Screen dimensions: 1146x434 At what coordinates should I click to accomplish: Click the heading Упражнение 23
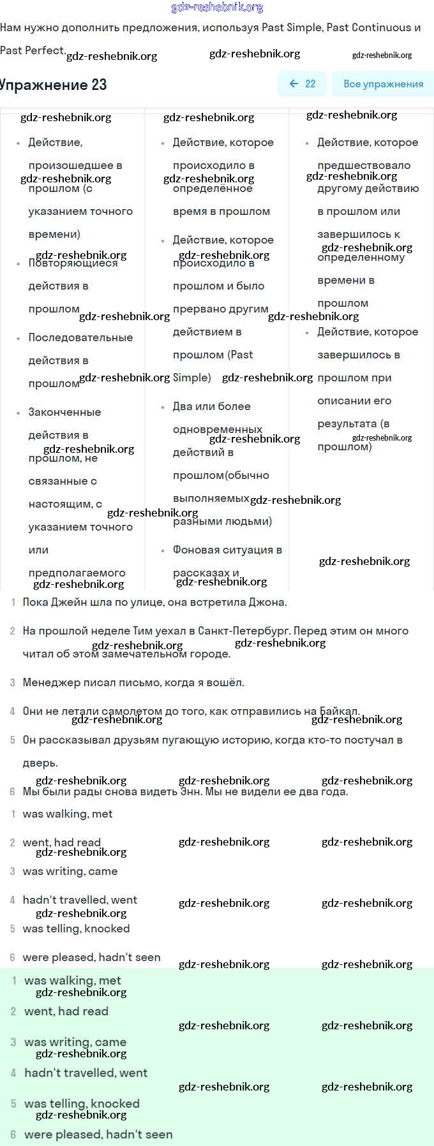[54, 85]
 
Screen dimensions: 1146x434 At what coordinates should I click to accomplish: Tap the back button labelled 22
[303, 84]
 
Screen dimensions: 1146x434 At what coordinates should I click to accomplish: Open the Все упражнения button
[383, 84]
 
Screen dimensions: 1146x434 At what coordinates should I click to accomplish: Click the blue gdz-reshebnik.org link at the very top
[217, 7]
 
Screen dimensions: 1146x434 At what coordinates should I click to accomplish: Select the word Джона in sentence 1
[269, 602]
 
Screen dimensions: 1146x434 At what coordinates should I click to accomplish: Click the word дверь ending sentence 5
[40, 763]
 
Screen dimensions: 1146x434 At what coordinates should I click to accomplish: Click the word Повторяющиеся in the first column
[73, 263]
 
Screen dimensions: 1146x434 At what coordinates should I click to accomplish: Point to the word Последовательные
[80, 337]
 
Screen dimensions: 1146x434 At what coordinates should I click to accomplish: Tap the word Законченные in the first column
[64, 412]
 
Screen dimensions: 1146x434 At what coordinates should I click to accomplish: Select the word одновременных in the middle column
[217, 429]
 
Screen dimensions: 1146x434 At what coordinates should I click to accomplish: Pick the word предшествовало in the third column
[364, 165]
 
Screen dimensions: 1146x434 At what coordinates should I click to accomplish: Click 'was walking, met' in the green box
[72, 980]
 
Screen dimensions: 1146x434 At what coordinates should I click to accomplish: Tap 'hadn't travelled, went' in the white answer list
[80, 900]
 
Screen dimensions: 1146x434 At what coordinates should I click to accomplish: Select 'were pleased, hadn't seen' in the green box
[98, 1134]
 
